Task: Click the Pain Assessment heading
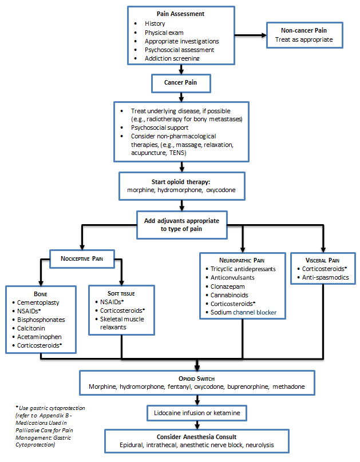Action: [x=181, y=13]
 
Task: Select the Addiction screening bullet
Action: [x=172, y=58]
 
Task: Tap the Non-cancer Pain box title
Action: [x=304, y=31]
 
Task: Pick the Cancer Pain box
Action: [x=181, y=83]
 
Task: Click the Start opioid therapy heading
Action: [x=181, y=182]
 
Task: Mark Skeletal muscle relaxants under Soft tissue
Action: [x=118, y=323]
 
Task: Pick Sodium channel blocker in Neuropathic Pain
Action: [x=243, y=312]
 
